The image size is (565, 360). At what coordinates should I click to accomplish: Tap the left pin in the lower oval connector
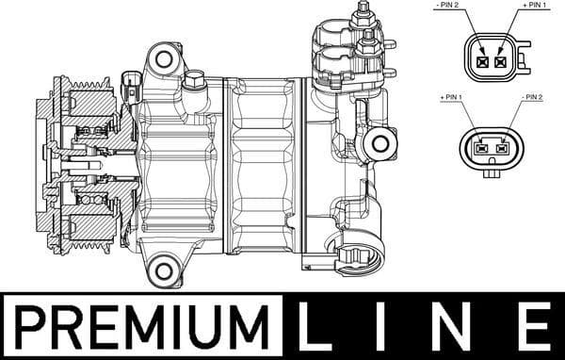pyautogui.click(x=481, y=147)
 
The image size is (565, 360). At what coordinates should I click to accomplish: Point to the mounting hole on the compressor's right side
pyautogui.click(x=381, y=144)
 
